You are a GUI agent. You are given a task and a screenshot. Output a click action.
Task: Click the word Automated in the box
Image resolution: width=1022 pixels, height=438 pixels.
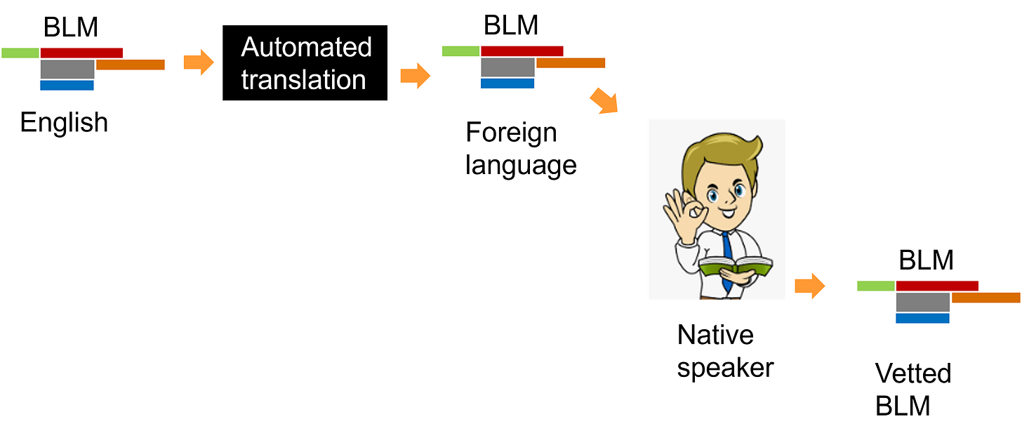(x=305, y=48)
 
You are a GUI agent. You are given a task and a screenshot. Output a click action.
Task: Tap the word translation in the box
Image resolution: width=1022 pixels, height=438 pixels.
(x=303, y=79)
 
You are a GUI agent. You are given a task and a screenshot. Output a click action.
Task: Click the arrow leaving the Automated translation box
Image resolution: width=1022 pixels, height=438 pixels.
(x=416, y=74)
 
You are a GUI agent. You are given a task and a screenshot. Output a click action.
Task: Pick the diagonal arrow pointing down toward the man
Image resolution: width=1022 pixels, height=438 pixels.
(x=604, y=101)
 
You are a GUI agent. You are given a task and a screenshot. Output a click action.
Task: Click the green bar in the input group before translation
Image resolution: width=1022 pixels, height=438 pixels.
(x=20, y=53)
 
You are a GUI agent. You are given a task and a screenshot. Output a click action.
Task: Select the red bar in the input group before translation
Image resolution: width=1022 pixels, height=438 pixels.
(x=81, y=53)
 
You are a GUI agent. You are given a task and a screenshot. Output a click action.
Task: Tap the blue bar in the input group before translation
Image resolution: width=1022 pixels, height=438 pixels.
(x=67, y=86)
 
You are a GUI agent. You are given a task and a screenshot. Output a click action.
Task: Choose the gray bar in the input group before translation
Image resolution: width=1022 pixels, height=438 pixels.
(x=67, y=69)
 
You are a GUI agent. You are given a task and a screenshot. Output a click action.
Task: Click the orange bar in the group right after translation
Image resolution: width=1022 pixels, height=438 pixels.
(x=571, y=63)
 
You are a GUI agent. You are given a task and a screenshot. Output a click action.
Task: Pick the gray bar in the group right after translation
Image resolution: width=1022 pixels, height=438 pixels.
(x=507, y=67)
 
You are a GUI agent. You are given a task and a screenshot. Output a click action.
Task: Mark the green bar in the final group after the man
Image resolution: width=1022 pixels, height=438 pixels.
(x=875, y=286)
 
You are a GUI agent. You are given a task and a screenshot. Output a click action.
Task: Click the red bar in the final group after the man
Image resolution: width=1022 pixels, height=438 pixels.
(x=937, y=286)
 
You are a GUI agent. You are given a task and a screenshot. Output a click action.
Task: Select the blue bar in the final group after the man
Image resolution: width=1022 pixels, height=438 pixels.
(x=922, y=319)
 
